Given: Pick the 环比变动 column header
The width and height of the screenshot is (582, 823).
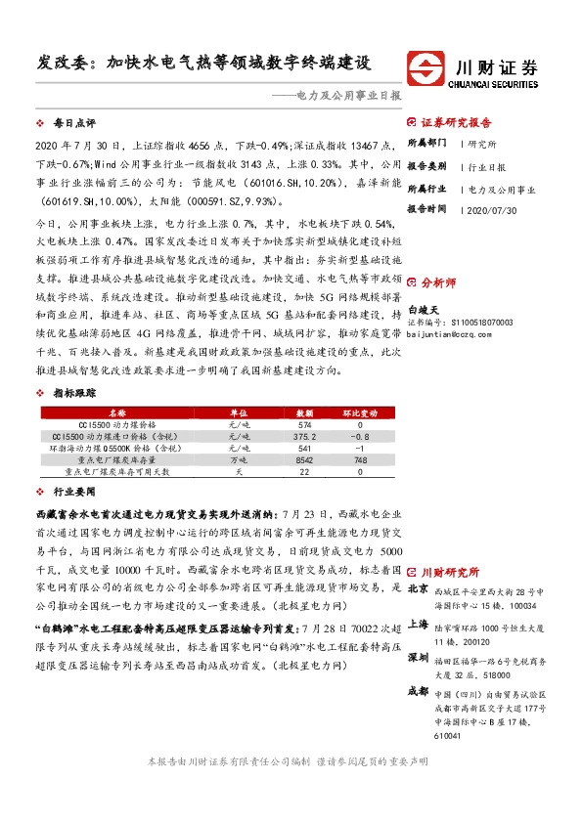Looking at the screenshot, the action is [360, 413].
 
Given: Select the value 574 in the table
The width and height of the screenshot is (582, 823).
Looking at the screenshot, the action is [304, 425].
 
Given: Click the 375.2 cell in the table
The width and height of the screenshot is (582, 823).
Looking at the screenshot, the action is [304, 436].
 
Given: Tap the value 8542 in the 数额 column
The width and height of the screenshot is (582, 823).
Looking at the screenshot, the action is [304, 458].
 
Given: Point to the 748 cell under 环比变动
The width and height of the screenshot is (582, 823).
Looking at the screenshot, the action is [360, 458].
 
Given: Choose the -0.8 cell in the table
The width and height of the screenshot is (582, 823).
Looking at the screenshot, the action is [360, 436].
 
